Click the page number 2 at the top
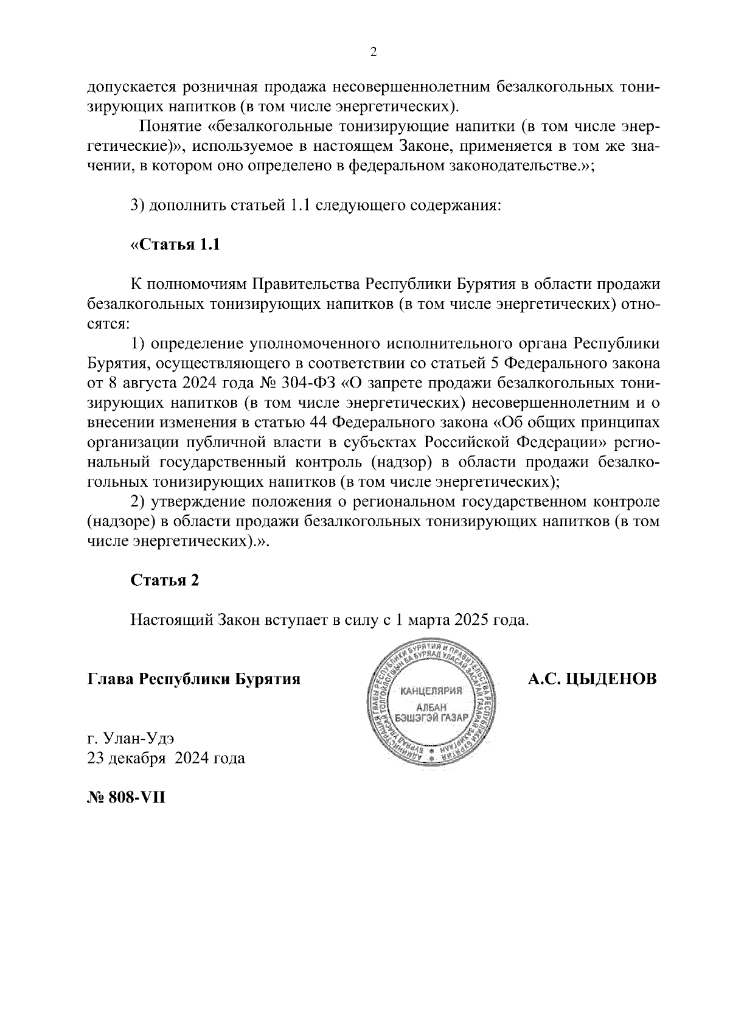(374, 52)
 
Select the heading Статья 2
(165, 580)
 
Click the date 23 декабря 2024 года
(166, 759)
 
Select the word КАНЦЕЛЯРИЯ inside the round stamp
(431, 690)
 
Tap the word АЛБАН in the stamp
(431, 707)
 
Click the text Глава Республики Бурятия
(194, 679)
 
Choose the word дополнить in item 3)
(186, 206)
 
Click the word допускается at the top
(127, 87)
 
